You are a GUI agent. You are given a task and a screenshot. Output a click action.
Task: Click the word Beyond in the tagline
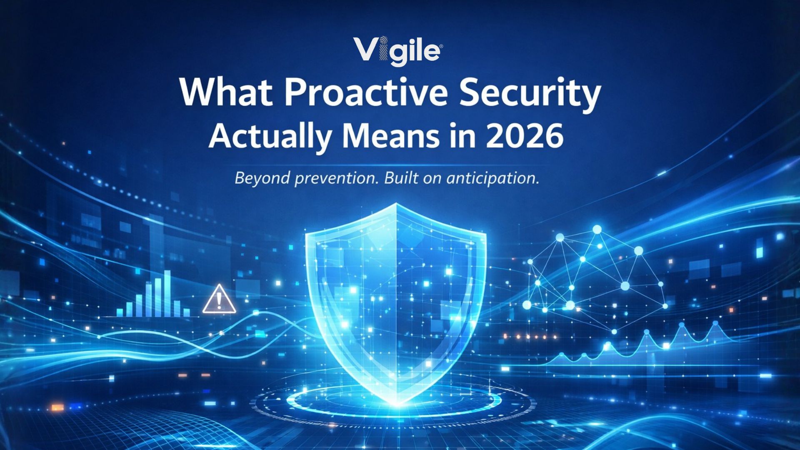[262, 178]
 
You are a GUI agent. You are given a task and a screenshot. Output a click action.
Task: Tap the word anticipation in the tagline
[493, 178]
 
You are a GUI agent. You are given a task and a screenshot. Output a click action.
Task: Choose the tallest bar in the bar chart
[167, 293]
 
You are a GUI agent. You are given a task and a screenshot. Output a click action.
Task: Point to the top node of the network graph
[597, 230]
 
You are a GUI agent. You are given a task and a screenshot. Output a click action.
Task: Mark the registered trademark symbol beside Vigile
[441, 47]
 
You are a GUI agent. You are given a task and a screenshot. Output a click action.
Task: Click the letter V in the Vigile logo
[367, 49]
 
